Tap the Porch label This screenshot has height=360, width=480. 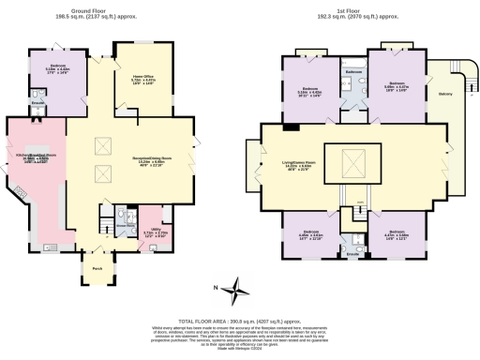coord(97,268)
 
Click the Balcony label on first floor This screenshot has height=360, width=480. coord(445,93)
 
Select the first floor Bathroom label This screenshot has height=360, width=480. coord(353,72)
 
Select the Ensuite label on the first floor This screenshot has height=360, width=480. coord(353,253)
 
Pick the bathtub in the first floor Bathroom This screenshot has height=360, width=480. coord(353,91)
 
